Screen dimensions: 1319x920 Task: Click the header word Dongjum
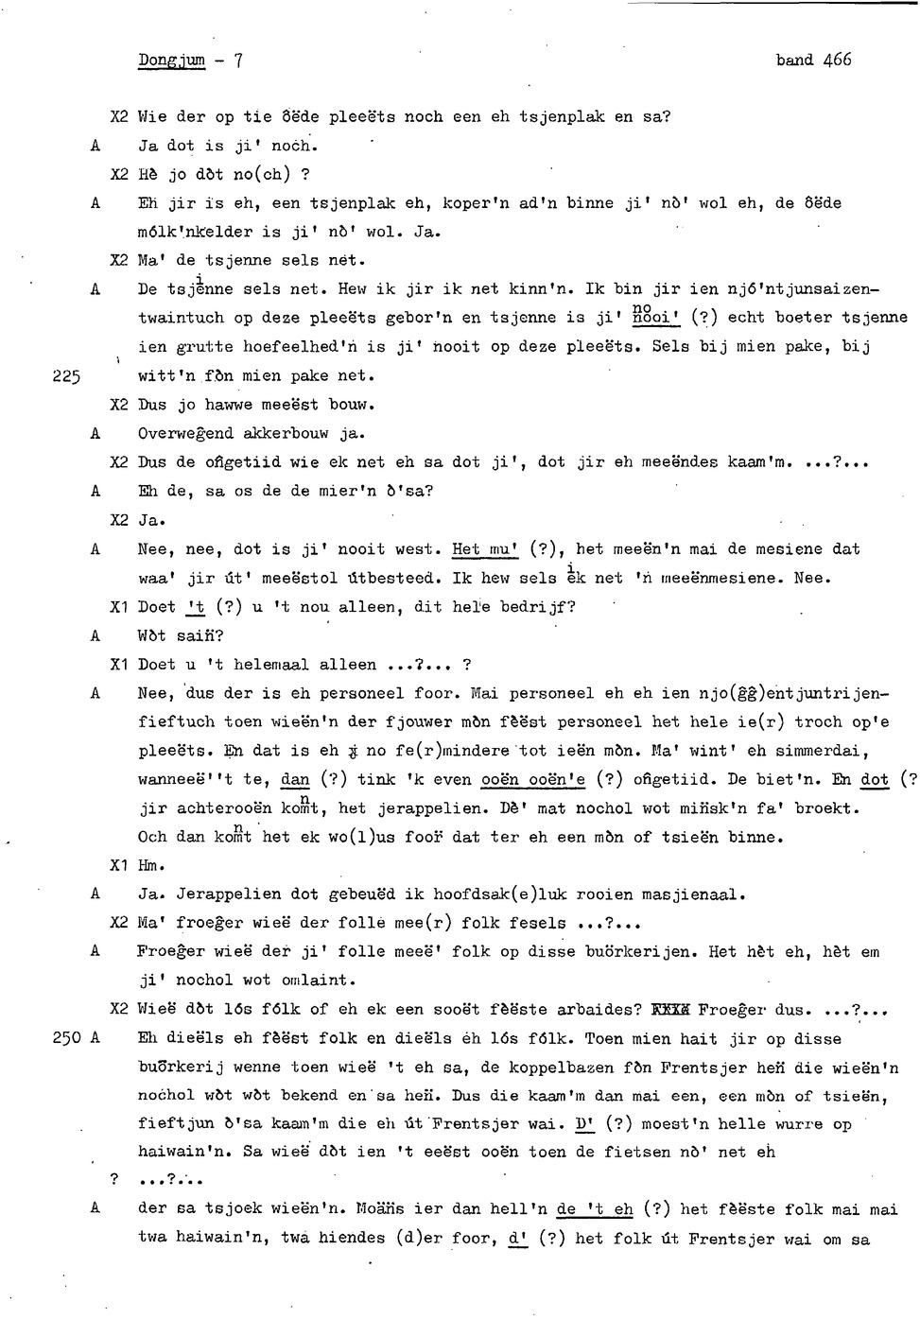(171, 61)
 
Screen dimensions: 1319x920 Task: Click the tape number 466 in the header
(837, 60)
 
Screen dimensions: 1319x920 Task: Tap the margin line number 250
(66, 1038)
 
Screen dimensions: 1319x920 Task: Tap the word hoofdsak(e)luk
(500, 894)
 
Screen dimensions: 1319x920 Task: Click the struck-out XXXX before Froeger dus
(671, 1010)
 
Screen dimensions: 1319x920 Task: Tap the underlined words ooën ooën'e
(532, 780)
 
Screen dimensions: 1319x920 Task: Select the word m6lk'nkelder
(196, 232)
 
